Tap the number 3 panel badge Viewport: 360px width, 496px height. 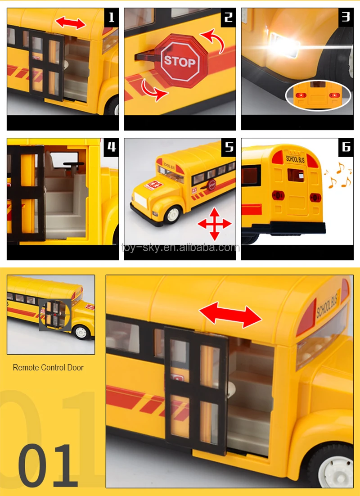point(346,17)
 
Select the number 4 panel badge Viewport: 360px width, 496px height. point(112,146)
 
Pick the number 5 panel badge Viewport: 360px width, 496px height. point(229,146)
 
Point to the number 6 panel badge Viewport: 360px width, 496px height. point(346,146)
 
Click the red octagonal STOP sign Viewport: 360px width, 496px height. point(180,62)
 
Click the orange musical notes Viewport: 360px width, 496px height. point(339,176)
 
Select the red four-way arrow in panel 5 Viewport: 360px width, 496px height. point(215,223)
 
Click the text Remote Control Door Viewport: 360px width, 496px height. point(48,368)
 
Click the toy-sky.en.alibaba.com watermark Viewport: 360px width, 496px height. point(180,247)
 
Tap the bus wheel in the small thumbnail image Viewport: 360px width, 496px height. point(81,332)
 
